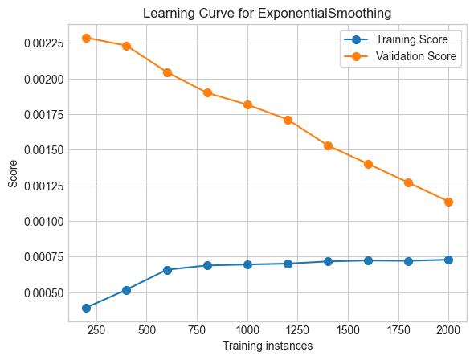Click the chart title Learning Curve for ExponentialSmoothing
[x=267, y=13]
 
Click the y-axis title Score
[x=13, y=174]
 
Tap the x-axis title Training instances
[x=267, y=345]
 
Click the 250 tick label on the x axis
[x=96, y=329]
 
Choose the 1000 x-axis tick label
[x=247, y=329]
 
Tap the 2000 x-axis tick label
[x=448, y=329]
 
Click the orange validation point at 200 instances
[x=86, y=38]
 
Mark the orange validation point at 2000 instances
[x=448, y=202]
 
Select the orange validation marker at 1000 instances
[x=247, y=104]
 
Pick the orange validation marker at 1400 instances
[x=328, y=145]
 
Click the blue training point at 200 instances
[x=86, y=308]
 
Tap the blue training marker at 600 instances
[x=167, y=270]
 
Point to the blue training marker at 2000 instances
[x=448, y=260]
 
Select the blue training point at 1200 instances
[x=288, y=264]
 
